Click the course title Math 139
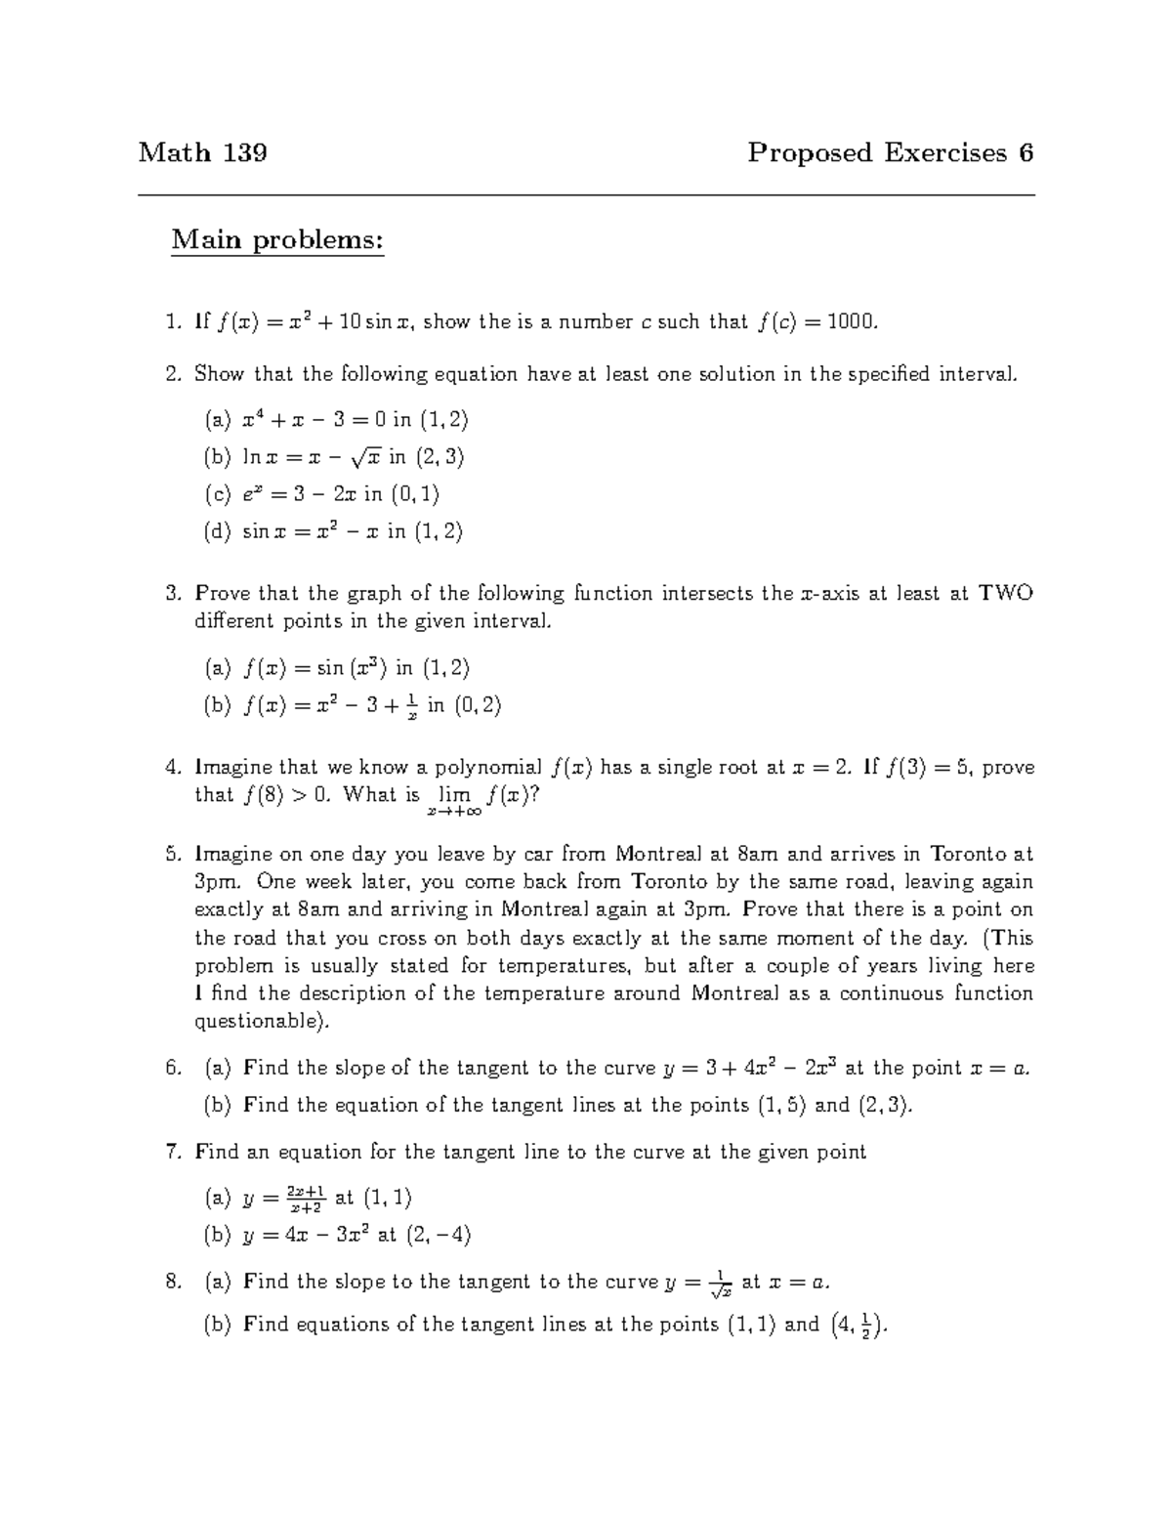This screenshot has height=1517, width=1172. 203,152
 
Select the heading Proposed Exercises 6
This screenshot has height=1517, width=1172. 890,152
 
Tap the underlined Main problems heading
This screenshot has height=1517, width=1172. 277,239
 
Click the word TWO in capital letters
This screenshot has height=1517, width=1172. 1006,593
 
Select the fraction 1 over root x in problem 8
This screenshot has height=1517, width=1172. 720,1284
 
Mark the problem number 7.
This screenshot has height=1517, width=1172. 174,1152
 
